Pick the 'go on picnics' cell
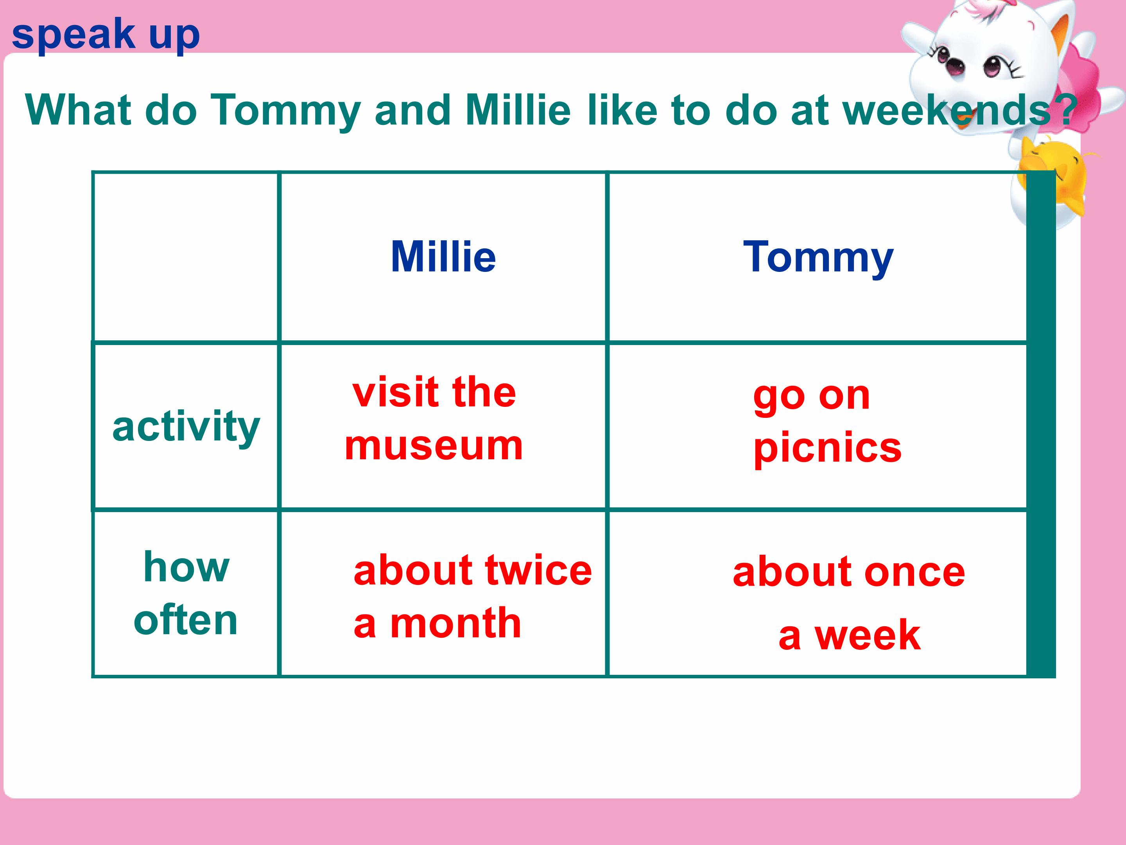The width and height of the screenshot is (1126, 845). [x=827, y=422]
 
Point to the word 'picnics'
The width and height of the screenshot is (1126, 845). [x=827, y=447]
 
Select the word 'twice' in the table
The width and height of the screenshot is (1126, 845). [x=539, y=570]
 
